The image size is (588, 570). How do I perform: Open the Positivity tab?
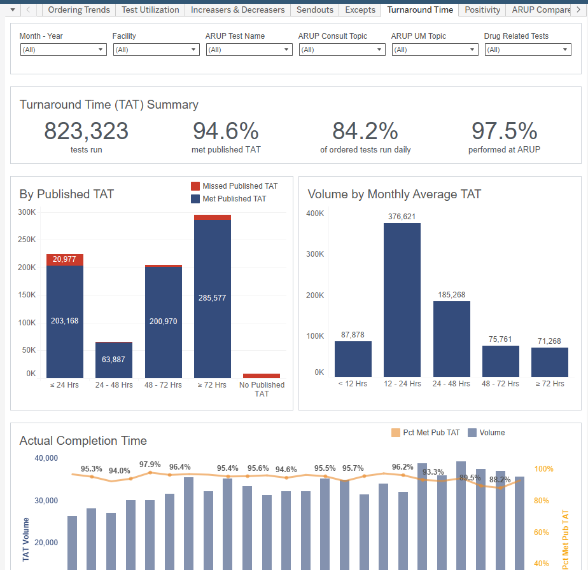pos(482,10)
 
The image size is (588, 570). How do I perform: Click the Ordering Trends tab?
pos(79,10)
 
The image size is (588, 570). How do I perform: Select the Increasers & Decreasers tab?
pos(237,10)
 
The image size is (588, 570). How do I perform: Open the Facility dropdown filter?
pos(156,50)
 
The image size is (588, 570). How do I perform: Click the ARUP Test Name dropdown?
pos(249,50)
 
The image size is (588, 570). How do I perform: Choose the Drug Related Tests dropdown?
pos(528,50)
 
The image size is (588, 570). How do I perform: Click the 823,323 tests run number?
pos(86,132)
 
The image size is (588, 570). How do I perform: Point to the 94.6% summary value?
pos(225,132)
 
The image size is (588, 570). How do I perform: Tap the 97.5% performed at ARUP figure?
pos(504,132)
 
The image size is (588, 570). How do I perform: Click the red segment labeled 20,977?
pos(65,259)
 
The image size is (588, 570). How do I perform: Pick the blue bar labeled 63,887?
pos(114,360)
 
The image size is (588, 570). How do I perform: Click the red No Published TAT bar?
pos(262,376)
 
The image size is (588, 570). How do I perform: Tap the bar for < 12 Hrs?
pos(353,358)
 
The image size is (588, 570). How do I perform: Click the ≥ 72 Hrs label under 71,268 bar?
pos(549,383)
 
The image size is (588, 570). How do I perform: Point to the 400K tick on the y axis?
pos(316,214)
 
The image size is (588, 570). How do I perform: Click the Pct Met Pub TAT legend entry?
pos(425,433)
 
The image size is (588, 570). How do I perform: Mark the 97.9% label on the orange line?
pos(150,464)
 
